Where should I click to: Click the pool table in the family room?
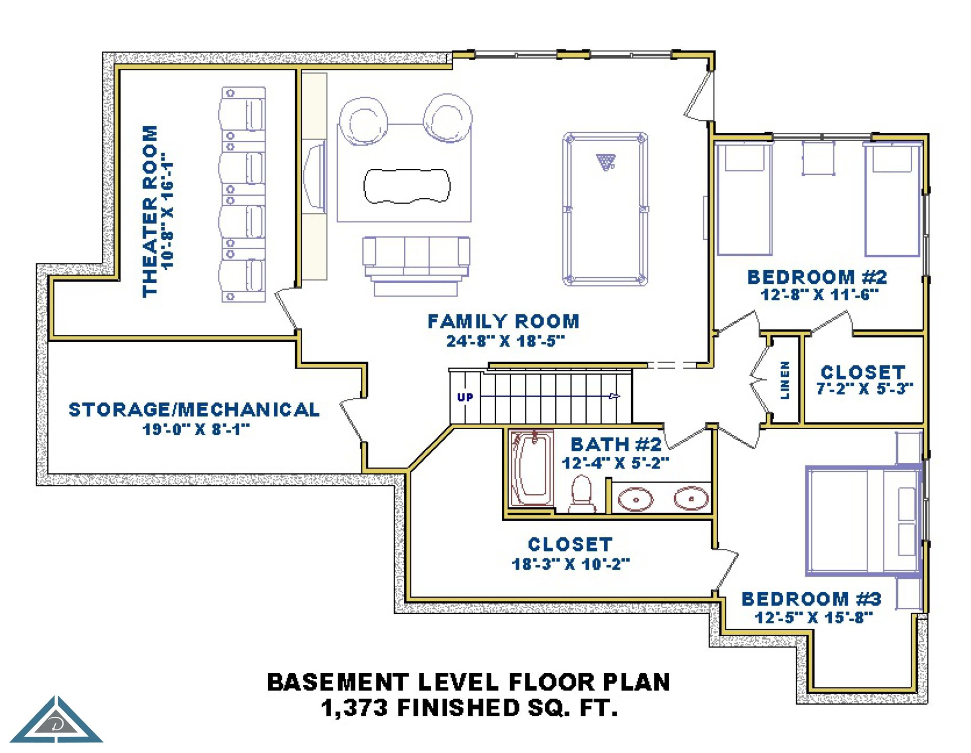click(x=605, y=209)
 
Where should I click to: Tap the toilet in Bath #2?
click(x=582, y=494)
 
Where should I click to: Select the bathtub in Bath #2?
click(x=532, y=469)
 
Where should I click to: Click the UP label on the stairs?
click(x=465, y=397)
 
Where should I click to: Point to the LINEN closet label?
click(x=785, y=380)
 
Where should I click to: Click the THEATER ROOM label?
click(x=150, y=211)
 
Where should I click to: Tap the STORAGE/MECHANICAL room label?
click(x=194, y=409)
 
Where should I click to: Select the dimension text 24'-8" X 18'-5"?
click(x=505, y=341)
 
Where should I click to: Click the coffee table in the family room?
click(x=407, y=185)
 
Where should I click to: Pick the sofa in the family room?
click(x=416, y=266)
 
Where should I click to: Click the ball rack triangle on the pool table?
click(x=605, y=162)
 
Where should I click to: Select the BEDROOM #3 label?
click(x=811, y=599)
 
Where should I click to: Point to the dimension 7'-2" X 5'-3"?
click(x=864, y=389)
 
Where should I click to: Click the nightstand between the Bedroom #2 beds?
click(x=818, y=157)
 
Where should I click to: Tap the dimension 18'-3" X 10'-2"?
click(x=571, y=564)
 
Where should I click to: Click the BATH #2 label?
click(x=616, y=444)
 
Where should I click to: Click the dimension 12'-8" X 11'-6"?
click(x=819, y=295)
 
